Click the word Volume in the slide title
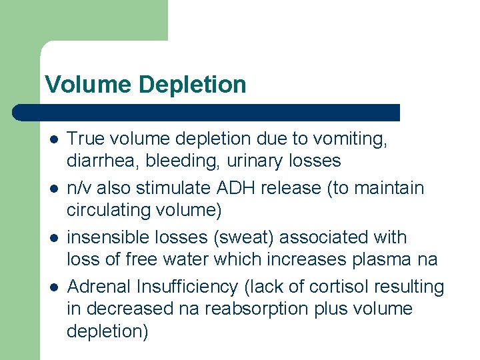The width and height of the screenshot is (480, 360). pyautogui.click(x=89, y=85)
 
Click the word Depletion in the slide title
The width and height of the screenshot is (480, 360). pyautogui.click(x=193, y=85)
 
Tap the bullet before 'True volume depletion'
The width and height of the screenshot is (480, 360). pyautogui.click(x=53, y=139)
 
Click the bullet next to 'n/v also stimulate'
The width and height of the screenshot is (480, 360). pyautogui.click(x=53, y=189)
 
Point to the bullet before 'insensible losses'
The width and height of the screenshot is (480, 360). pyautogui.click(x=53, y=238)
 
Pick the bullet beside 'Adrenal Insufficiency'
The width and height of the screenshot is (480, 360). pyautogui.click(x=53, y=287)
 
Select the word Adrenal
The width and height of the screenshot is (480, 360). pyautogui.click(x=99, y=287)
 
